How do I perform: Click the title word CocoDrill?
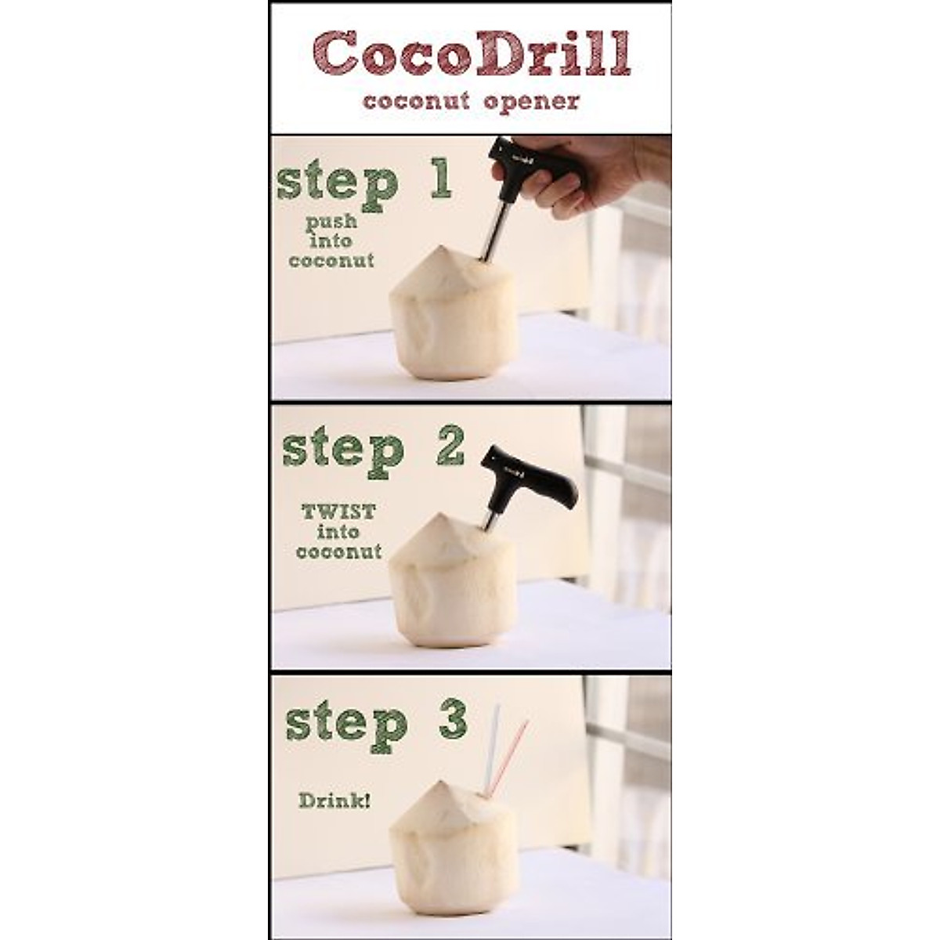point(472,53)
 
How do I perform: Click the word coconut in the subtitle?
point(416,101)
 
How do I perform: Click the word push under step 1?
point(331,222)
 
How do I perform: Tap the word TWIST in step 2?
point(338,512)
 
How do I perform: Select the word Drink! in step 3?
point(334,801)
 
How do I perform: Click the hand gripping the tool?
point(595,172)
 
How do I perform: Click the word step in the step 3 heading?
point(346,725)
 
